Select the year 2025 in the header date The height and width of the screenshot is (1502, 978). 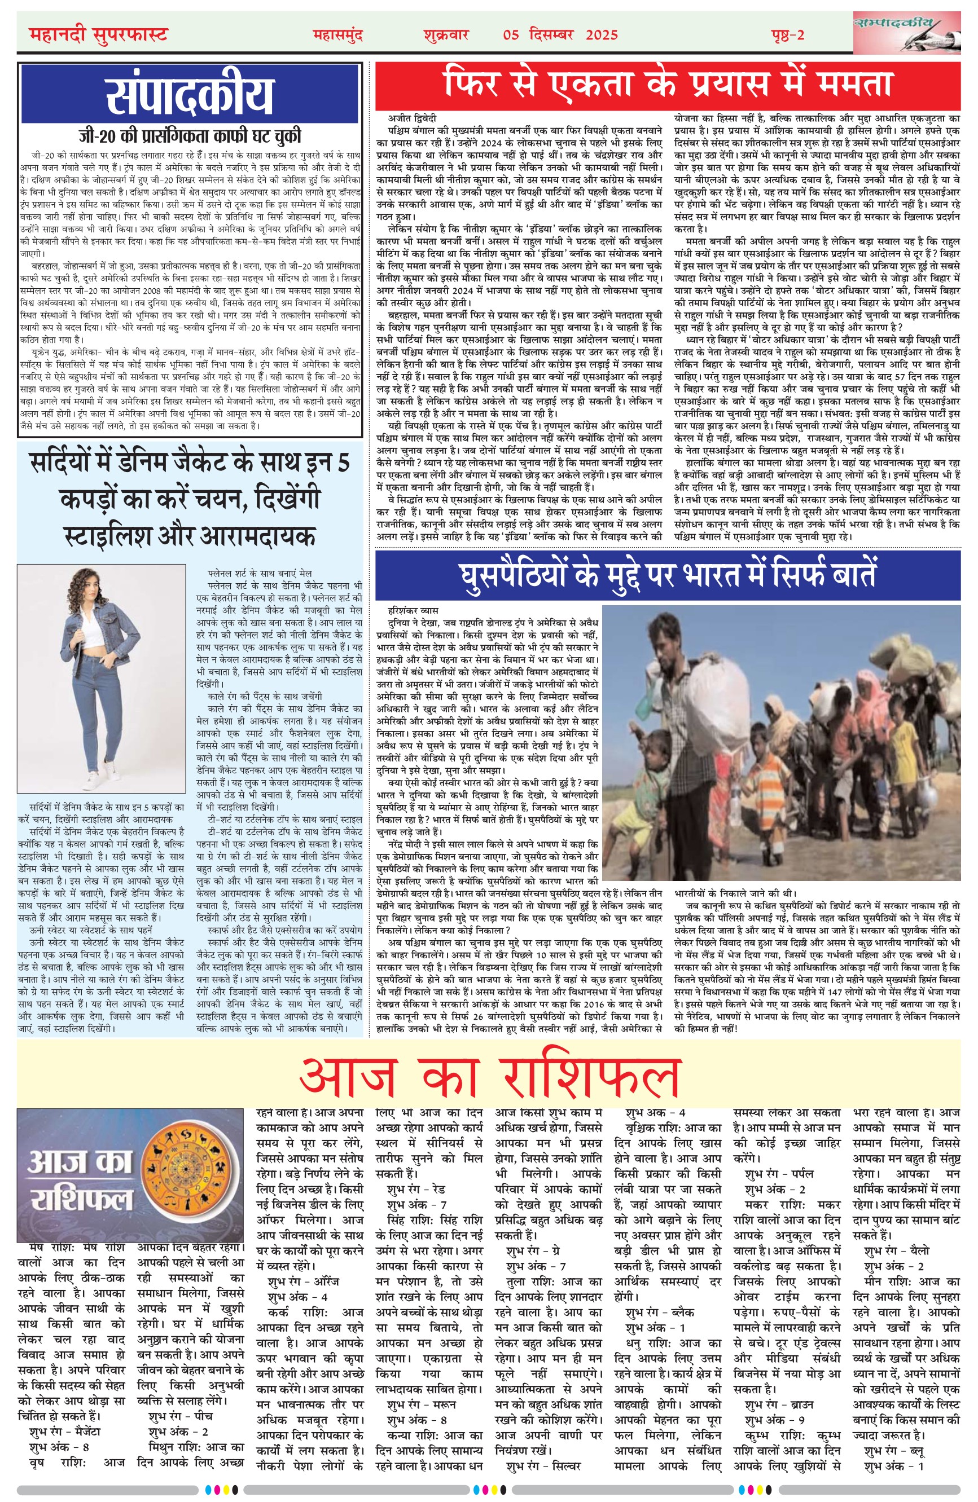(602, 36)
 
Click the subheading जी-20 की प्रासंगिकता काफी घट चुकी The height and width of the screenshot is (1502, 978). (190, 136)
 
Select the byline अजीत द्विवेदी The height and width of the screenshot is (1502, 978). (414, 118)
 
